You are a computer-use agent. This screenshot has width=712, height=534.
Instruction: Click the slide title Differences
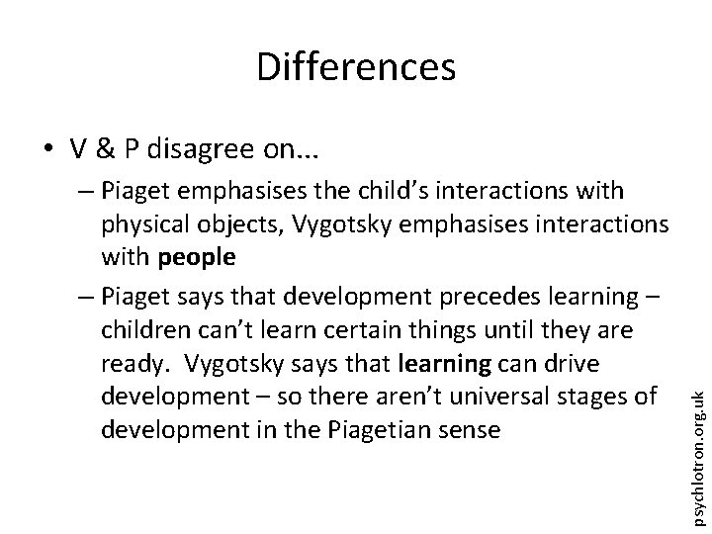(x=356, y=67)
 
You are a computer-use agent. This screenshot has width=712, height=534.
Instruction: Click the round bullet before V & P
(x=46, y=148)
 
